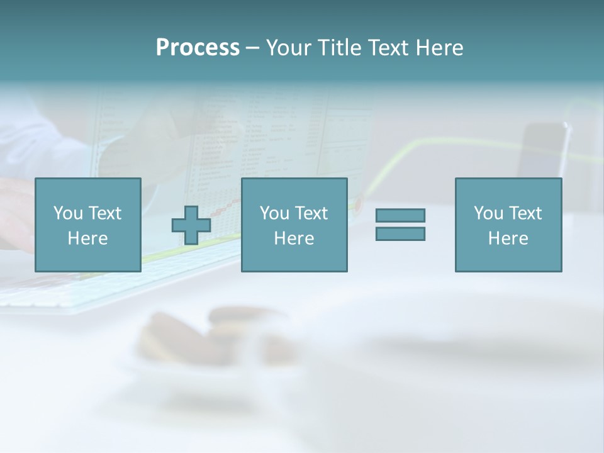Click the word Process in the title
coord(198,48)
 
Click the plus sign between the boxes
coord(191,225)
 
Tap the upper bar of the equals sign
coord(400,216)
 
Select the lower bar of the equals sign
coord(400,233)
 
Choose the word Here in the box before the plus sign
coord(87,238)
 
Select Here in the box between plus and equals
coord(294,238)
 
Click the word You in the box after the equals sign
coord(488,213)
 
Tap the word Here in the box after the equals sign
coord(508,238)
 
